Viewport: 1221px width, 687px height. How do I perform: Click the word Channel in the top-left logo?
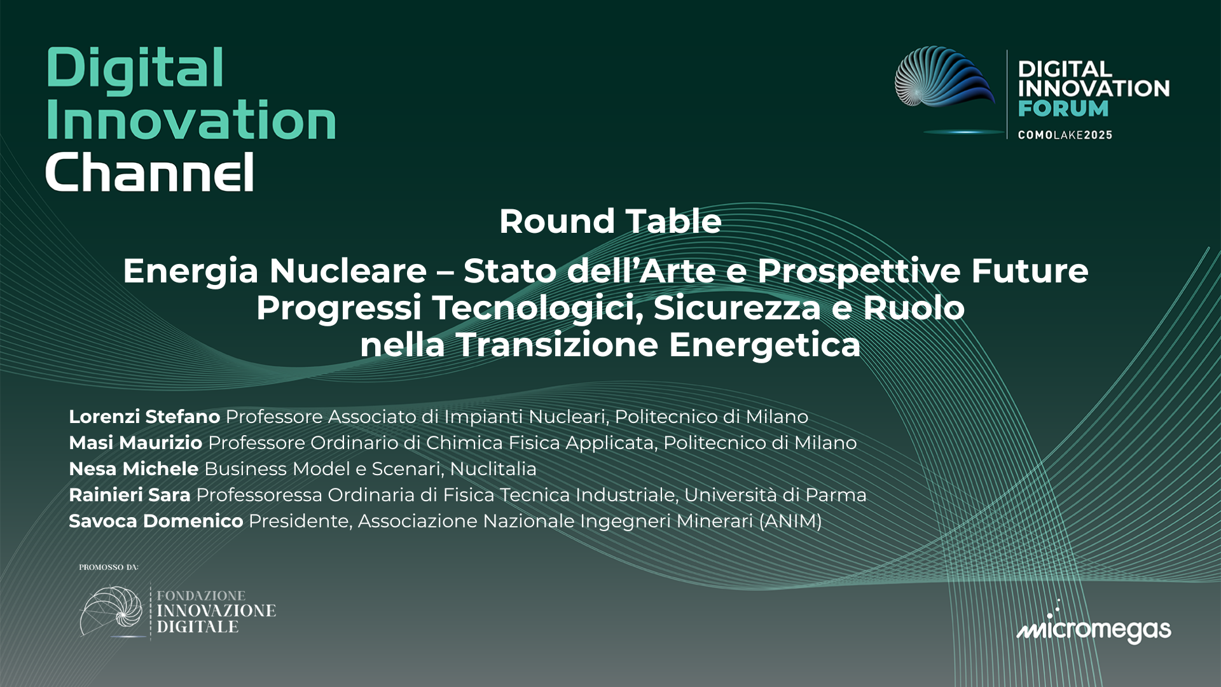click(x=150, y=172)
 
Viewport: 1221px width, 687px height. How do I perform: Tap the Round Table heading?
click(x=610, y=221)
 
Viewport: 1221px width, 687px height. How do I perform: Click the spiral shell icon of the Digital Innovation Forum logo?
click(x=944, y=78)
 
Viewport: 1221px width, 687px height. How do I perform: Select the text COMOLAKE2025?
click(x=1065, y=135)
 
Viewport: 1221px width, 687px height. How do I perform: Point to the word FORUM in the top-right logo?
click(x=1063, y=109)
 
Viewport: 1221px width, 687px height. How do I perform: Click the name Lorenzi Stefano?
click(x=144, y=417)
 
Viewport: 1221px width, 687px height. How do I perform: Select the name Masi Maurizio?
click(x=135, y=443)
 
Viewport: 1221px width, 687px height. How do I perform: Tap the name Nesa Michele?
click(x=134, y=469)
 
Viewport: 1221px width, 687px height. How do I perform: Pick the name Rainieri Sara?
click(x=130, y=495)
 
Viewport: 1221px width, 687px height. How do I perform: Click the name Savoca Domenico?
click(x=156, y=521)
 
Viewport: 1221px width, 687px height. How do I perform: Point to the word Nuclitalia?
click(x=493, y=469)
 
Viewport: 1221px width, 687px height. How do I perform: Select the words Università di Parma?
click(x=775, y=495)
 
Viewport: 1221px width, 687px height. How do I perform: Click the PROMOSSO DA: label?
click(x=109, y=567)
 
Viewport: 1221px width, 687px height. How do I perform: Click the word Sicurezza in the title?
click(x=737, y=308)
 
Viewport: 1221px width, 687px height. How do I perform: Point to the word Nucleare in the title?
click(x=348, y=271)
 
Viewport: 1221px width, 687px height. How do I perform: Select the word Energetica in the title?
click(x=764, y=345)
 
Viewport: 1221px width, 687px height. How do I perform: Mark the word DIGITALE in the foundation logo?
click(x=198, y=627)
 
